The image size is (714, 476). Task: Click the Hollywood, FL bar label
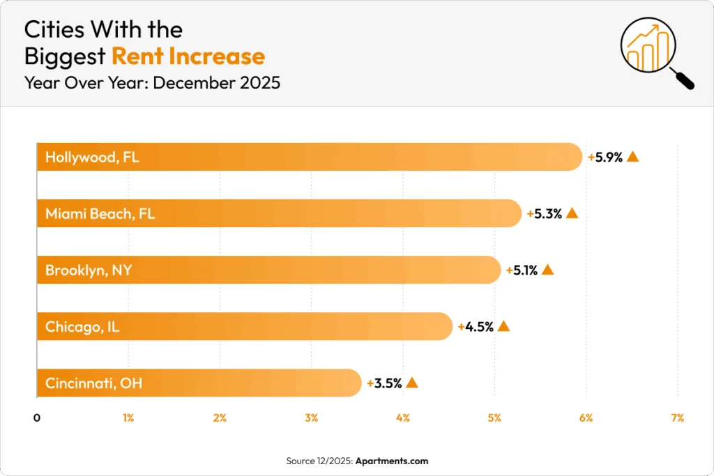[x=92, y=157]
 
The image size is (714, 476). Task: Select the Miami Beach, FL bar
[x=279, y=213]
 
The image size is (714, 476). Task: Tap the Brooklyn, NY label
[x=88, y=270]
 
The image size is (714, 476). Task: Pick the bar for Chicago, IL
[x=244, y=326]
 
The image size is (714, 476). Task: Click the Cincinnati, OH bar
[x=199, y=383]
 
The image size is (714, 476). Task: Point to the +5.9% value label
[x=605, y=158]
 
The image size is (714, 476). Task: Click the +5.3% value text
[x=544, y=214]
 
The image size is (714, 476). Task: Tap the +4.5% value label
[x=476, y=327]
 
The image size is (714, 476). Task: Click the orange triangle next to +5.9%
[x=633, y=157]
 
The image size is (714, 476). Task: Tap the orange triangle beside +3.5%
[x=412, y=383]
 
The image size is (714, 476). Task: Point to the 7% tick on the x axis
[x=677, y=418]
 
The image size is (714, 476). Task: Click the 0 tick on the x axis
[x=37, y=418]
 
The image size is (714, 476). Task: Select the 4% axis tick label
[x=403, y=418]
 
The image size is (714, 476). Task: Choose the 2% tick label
[x=220, y=418]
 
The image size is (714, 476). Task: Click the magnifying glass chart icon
[x=656, y=52]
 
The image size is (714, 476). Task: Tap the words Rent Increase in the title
[x=188, y=56]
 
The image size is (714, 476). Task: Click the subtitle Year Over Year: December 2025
[x=152, y=83]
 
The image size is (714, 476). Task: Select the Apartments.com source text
[x=391, y=461]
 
